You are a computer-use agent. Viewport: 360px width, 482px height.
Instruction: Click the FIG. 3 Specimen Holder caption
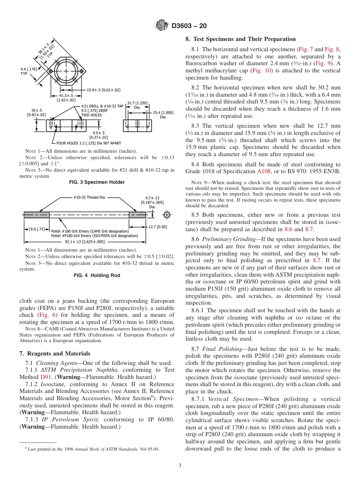point(97,182)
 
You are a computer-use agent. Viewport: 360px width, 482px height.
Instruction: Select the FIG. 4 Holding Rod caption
point(97,275)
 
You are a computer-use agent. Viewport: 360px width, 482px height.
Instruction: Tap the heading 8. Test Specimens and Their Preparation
point(240,39)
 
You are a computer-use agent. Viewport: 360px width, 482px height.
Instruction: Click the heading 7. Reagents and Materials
point(55,354)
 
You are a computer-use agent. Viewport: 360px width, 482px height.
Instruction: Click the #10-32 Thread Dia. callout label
point(89,197)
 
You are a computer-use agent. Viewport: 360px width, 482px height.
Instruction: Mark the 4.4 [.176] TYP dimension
point(29,71)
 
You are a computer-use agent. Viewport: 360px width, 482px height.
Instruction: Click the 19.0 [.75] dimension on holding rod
point(37,229)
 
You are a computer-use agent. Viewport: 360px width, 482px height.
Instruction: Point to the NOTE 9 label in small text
point(196,183)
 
